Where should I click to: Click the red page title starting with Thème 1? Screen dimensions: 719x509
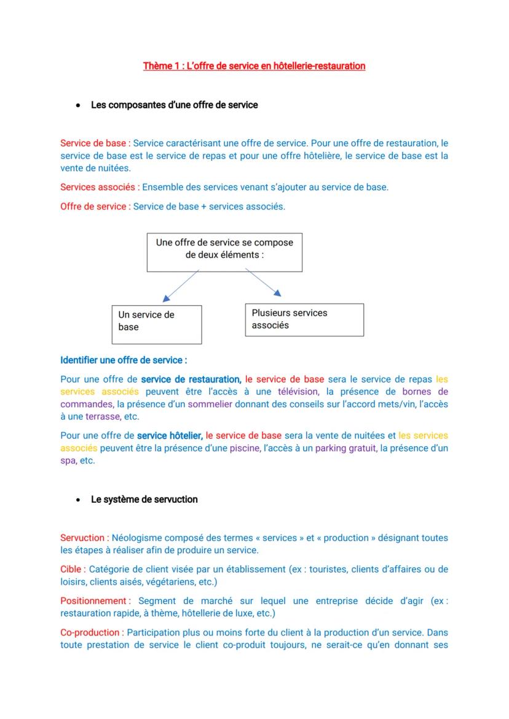[x=254, y=66]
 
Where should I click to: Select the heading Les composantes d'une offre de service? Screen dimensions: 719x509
[x=174, y=105]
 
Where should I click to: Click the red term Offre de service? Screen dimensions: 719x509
[x=94, y=206]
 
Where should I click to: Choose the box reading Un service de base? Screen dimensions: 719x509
[x=157, y=324]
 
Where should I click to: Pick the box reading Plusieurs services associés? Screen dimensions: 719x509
[x=304, y=319]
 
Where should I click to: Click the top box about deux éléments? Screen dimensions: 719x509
[x=224, y=252]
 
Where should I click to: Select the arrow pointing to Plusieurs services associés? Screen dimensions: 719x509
[x=263, y=283]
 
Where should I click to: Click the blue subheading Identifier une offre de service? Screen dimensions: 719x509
[x=124, y=360]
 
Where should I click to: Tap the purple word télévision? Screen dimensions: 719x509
[x=298, y=392]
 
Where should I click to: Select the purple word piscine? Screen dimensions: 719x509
[x=245, y=448]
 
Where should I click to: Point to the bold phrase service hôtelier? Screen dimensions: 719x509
[x=170, y=435]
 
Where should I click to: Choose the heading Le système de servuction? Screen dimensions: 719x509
[x=144, y=500]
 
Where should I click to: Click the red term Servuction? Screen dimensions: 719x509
[x=84, y=538]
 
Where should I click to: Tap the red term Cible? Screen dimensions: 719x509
[x=72, y=569]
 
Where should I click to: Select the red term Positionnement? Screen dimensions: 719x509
[x=94, y=601]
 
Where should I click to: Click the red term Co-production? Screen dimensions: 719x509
[x=91, y=632]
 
